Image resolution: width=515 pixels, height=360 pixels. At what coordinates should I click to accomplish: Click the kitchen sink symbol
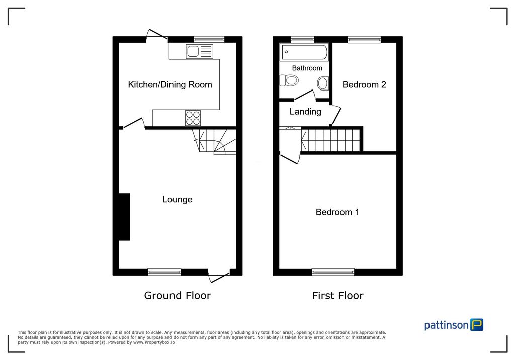tap(199, 52)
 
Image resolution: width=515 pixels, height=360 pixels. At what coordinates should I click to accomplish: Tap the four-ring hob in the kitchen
tap(193, 118)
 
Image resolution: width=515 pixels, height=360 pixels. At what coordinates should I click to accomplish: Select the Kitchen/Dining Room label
tap(170, 85)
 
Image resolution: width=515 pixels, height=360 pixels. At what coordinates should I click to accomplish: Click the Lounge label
tap(178, 199)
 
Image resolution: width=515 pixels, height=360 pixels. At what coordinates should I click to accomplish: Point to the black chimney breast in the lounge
tap(125, 217)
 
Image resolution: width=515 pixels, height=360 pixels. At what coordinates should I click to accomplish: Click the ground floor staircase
tap(214, 141)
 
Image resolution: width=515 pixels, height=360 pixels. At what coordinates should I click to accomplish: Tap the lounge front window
tap(164, 272)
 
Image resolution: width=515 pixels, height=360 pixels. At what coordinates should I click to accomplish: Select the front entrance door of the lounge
tap(219, 277)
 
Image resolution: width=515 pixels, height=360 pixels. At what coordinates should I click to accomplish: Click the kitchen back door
tap(157, 35)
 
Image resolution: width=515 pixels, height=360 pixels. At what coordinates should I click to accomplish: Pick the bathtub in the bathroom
tap(304, 52)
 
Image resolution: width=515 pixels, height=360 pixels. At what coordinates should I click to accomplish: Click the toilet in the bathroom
tap(289, 80)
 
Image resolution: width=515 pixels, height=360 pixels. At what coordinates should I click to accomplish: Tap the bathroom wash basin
tap(323, 83)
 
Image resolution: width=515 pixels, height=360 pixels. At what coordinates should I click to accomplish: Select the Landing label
tap(305, 112)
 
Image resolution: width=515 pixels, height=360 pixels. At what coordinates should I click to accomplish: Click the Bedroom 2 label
tap(364, 85)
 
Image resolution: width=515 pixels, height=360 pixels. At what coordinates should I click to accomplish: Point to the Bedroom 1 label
tap(337, 212)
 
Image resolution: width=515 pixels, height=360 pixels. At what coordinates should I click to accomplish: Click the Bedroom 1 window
tap(333, 272)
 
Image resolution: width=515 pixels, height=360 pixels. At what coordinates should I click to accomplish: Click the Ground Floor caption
tap(178, 296)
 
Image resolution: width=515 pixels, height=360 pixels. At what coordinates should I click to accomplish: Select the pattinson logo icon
tap(477, 324)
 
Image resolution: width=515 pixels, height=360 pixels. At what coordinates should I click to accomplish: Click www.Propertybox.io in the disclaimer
tap(154, 342)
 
